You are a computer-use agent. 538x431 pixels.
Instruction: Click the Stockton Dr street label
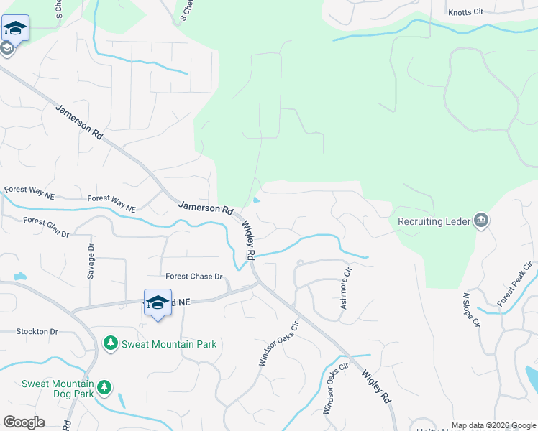click(37, 332)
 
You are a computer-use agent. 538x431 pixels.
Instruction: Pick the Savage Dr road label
click(91, 261)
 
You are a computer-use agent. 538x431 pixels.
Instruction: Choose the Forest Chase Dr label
click(194, 277)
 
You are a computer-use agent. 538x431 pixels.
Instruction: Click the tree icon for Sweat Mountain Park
click(111, 344)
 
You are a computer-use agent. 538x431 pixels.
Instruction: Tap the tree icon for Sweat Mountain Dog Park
click(105, 388)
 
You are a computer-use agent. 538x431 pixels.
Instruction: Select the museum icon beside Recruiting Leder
click(481, 221)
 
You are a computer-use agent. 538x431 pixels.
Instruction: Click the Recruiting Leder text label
click(430, 221)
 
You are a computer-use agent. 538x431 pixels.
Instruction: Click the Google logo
click(24, 422)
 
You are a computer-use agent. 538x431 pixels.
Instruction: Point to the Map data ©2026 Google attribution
click(493, 425)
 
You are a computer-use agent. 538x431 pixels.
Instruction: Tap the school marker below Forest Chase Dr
click(158, 303)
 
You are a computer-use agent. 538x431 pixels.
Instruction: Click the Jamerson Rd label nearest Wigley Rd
click(206, 208)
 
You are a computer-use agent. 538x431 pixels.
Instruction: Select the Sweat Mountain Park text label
click(169, 344)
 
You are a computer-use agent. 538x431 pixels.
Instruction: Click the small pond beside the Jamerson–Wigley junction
click(257, 200)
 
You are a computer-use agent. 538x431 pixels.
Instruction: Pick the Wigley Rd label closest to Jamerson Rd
click(247, 241)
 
